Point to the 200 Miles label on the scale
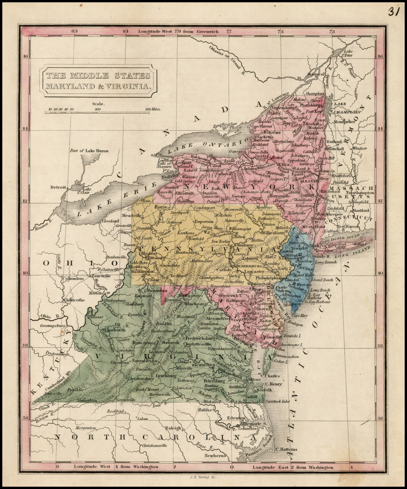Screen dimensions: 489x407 (x=153, y=109)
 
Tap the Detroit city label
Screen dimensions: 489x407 (x=58, y=187)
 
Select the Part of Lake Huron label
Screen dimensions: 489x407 (x=89, y=151)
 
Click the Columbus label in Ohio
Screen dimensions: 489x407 (x=72, y=279)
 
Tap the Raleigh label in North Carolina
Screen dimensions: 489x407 (x=173, y=428)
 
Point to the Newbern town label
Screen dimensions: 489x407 (x=214, y=455)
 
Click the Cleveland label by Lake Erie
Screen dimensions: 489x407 (x=110, y=221)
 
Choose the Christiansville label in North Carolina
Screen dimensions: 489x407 (x=155, y=445)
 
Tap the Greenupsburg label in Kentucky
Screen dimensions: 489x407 (x=52, y=325)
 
